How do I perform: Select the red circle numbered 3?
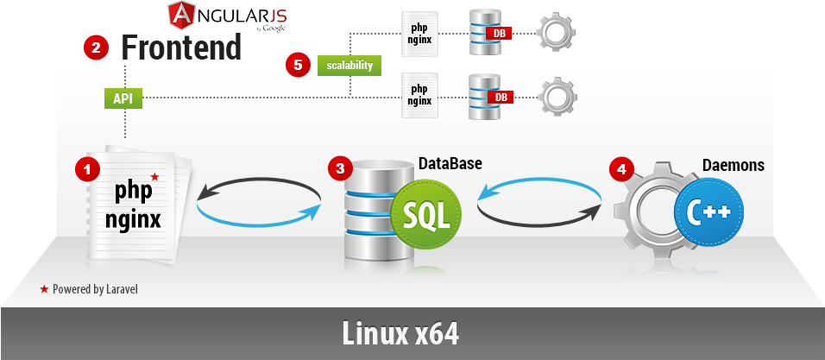point(340,168)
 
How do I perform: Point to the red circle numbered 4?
point(620,168)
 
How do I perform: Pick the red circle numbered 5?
point(298,64)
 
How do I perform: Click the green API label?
point(123,98)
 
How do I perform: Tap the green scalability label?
point(349,65)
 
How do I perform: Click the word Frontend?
point(181,47)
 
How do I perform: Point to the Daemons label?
point(734,165)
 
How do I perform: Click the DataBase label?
point(450,163)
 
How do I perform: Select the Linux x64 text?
point(400,333)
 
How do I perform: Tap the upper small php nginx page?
point(419,34)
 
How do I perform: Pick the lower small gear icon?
point(557,96)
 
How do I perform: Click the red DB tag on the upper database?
point(499,34)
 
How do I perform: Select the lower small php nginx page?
point(419,95)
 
